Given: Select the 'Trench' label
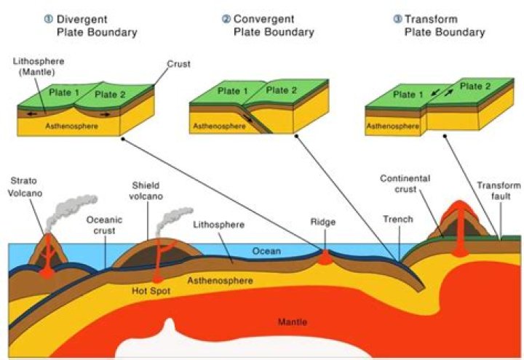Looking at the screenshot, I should point(399,219).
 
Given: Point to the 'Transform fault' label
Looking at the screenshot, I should point(499,191).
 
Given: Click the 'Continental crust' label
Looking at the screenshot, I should point(405,184).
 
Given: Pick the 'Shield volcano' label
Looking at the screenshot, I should point(146,191).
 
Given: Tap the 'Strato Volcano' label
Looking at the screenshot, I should point(23,186).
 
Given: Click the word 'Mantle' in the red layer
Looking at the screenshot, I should point(293,321).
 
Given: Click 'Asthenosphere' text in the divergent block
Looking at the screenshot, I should point(72,126).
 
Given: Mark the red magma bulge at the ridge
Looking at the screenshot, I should point(325,257).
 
